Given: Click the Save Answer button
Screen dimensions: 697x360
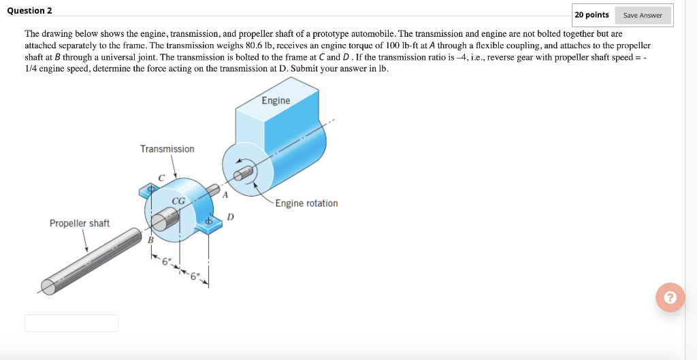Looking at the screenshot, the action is (x=643, y=15).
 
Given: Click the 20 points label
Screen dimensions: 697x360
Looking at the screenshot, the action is (x=591, y=15).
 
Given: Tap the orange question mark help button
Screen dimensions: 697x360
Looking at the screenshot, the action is (x=670, y=297).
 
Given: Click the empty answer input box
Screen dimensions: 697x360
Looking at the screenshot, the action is (x=71, y=323).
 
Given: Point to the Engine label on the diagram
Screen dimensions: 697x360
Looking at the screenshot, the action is (x=276, y=101).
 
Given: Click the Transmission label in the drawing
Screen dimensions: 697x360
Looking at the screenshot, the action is (x=167, y=149).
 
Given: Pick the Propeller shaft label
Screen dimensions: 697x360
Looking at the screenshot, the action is (x=79, y=223).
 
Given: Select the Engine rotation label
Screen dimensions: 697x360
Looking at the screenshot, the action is (x=306, y=203).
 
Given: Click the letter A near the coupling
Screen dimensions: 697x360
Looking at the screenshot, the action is (x=225, y=194).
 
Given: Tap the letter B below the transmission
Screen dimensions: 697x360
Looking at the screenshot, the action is (x=151, y=240).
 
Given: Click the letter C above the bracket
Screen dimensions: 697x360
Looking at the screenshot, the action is (x=161, y=178).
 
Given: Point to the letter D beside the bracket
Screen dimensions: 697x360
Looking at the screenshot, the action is (x=231, y=217).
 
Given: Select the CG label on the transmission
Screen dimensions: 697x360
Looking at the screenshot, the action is (x=178, y=201).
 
